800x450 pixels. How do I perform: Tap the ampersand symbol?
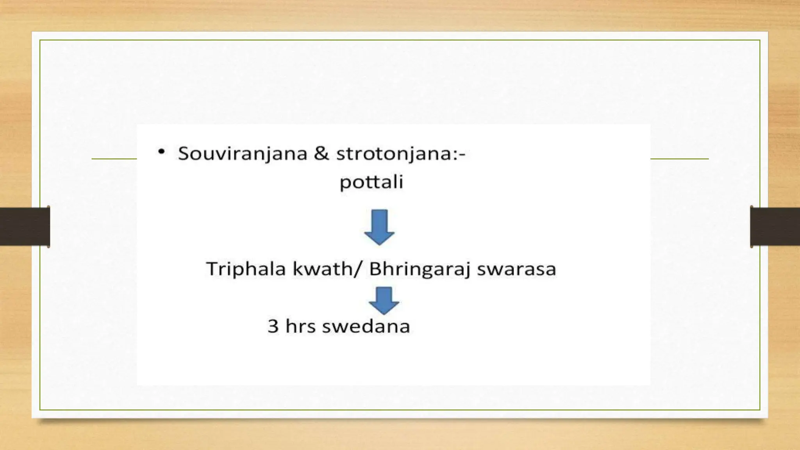click(321, 153)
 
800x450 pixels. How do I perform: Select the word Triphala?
click(246, 269)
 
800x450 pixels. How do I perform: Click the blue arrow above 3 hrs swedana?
click(384, 300)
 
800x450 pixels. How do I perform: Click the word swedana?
click(366, 326)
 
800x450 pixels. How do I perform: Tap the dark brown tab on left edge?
click(25, 227)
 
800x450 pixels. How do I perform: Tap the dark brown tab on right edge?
click(775, 227)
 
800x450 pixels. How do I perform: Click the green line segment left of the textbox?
click(114, 159)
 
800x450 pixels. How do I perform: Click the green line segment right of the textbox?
click(679, 159)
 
